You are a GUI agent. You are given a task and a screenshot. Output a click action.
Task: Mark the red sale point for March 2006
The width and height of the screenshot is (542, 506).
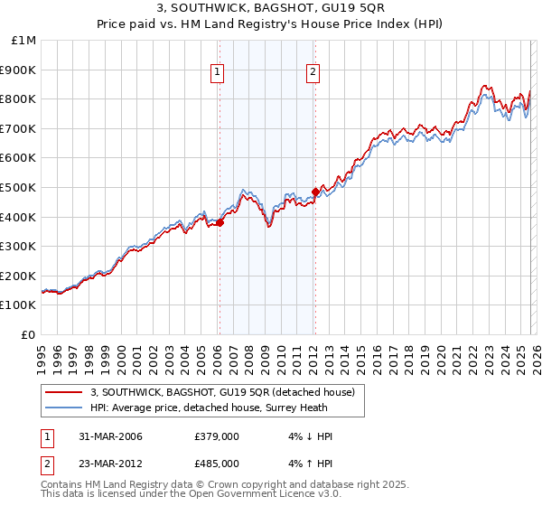pos(220,222)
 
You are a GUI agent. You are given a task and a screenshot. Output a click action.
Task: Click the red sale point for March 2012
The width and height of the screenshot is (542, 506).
pos(315,192)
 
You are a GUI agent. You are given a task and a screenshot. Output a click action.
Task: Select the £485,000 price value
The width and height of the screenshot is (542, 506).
pos(216,463)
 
